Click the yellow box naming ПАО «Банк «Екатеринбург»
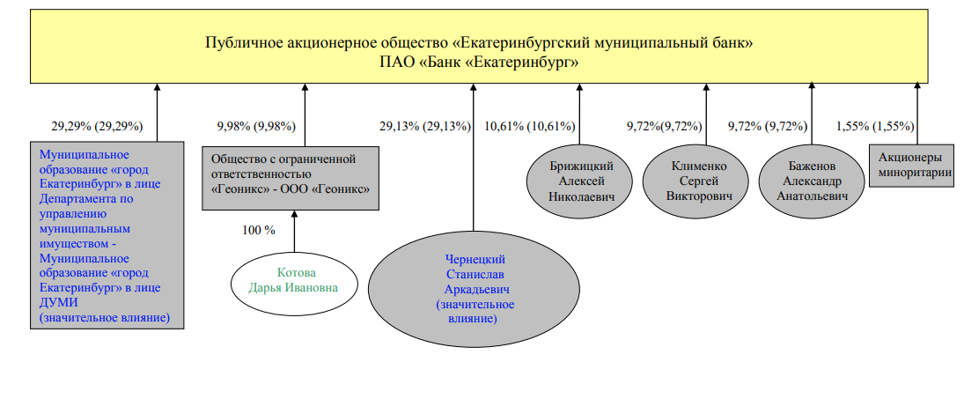pos(479,46)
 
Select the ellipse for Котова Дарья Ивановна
pos(294,280)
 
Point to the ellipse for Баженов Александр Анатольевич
pos(812,181)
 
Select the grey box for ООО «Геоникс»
pos(291,178)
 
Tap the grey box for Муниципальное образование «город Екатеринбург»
pos(107,235)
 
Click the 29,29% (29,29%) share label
pos(97,127)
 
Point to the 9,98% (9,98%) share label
pos(256,127)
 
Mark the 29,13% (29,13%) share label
pos(425,127)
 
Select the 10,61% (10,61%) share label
pos(530,127)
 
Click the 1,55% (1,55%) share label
pos(875,127)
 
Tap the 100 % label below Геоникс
pos(258,231)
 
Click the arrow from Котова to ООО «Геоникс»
pos(294,231)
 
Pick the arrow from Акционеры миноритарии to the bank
pos(917,115)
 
